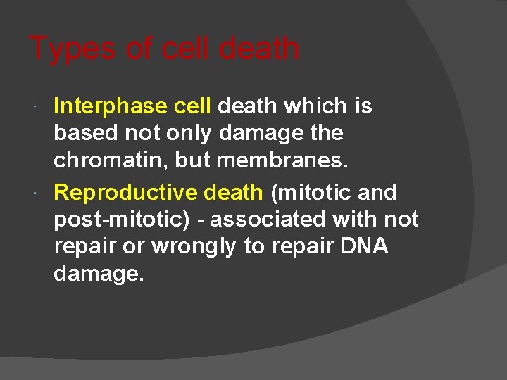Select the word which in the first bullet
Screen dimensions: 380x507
[x=315, y=106]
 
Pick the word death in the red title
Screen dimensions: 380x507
[x=259, y=49]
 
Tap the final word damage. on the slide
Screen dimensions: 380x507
[x=99, y=274]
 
